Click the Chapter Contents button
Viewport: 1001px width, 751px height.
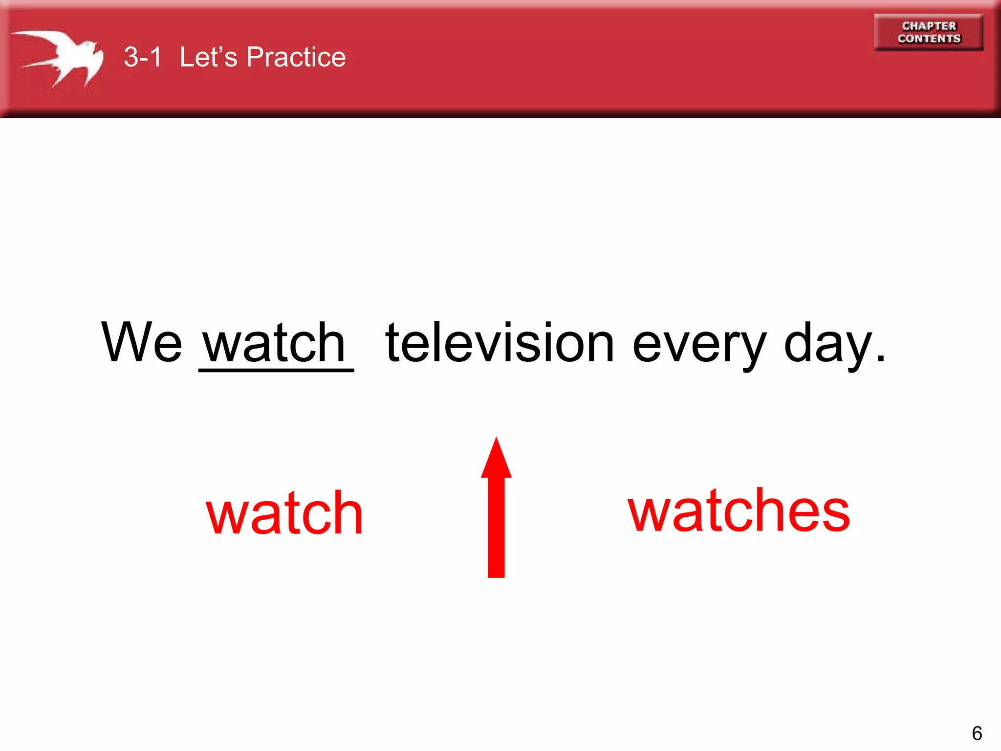tap(929, 32)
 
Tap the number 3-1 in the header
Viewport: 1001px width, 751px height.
tap(142, 57)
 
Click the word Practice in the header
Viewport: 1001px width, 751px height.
tap(296, 57)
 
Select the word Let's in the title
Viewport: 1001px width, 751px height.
tap(208, 57)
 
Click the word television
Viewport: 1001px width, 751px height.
tap(500, 343)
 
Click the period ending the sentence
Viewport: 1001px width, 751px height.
tap(880, 359)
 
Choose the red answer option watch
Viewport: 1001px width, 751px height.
tap(284, 513)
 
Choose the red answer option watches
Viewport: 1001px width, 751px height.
tap(739, 511)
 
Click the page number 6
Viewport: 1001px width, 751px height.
tap(977, 733)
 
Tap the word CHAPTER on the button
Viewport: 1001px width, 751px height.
tap(929, 26)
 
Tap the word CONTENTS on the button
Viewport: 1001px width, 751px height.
tap(929, 39)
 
